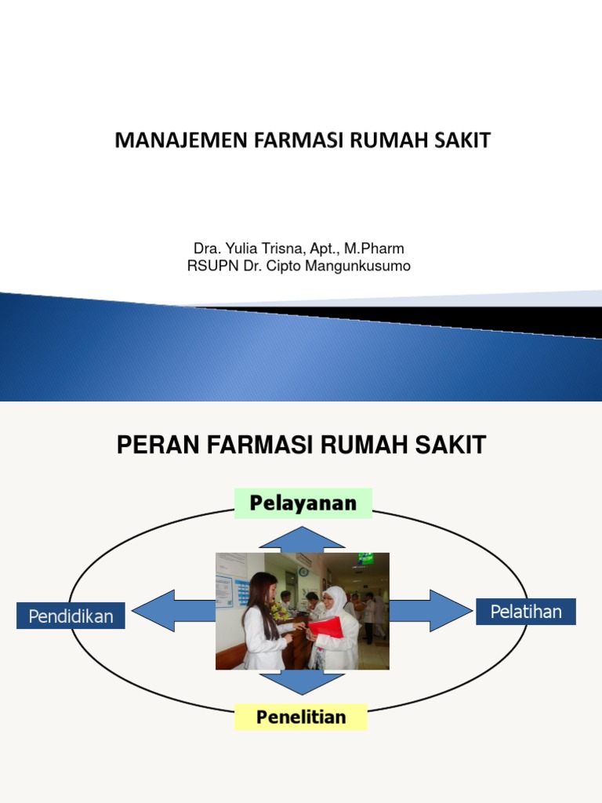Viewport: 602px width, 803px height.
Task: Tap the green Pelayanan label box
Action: click(303, 503)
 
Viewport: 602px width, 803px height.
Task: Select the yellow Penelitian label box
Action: click(301, 716)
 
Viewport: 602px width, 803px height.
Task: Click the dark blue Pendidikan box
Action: click(71, 616)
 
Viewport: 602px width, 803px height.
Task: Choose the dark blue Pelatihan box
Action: click(526, 612)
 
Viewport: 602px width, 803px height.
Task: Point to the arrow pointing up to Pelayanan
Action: click(302, 540)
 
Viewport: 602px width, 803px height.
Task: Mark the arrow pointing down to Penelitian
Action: click(302, 682)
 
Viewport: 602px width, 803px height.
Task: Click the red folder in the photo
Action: click(328, 627)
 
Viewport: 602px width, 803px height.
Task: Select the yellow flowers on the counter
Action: click(278, 609)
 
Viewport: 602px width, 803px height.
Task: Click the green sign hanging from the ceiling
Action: click(365, 559)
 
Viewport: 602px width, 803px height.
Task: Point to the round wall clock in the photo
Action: click(303, 572)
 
